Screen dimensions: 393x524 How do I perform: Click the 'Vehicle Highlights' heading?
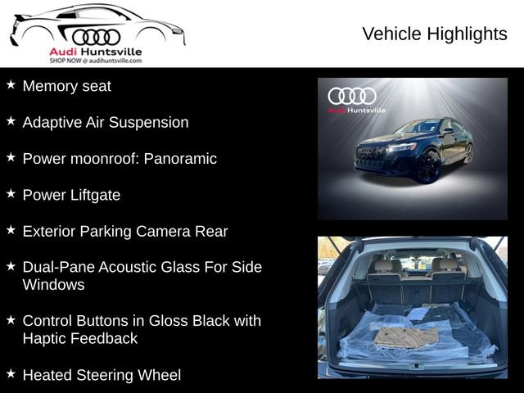(x=435, y=34)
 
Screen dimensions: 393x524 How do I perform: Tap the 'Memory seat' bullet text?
(x=66, y=86)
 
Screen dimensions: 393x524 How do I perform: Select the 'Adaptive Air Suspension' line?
(x=106, y=122)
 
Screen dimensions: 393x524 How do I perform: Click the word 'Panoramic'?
(x=180, y=159)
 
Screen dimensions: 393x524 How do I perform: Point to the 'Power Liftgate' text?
(x=71, y=195)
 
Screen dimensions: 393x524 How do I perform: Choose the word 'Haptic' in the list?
(x=46, y=338)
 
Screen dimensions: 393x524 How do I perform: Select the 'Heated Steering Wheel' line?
(x=102, y=375)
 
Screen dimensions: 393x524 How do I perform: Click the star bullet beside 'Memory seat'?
(x=11, y=84)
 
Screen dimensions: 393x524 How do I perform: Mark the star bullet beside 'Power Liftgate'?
(x=11, y=193)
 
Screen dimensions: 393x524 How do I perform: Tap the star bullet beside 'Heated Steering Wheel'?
(x=11, y=373)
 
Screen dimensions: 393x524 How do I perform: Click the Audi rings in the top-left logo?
(x=96, y=37)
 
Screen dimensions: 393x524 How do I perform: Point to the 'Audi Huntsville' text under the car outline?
(x=95, y=52)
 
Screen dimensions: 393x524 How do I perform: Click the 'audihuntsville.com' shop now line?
(x=95, y=61)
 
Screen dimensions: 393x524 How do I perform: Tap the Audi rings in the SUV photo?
(x=352, y=95)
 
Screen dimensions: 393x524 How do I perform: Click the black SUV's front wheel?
(x=427, y=167)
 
